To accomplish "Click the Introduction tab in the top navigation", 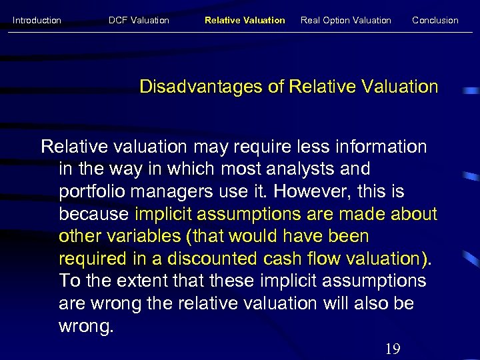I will coord(37,20).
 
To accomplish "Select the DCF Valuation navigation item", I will coord(139,20).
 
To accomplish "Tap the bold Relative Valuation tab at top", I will coord(245,20).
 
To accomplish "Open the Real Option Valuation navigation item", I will coord(346,20).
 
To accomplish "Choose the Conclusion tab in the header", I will coord(435,20).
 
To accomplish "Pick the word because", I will coord(94,214).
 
